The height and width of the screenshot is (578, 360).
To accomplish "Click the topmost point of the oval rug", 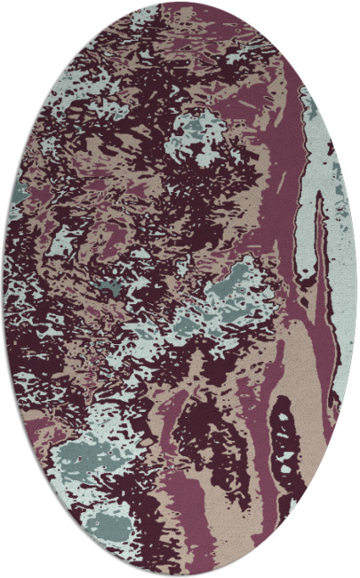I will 180,3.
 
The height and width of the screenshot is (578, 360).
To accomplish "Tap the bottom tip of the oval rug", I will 180,574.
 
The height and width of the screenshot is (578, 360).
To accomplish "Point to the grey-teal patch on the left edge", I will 18,191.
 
